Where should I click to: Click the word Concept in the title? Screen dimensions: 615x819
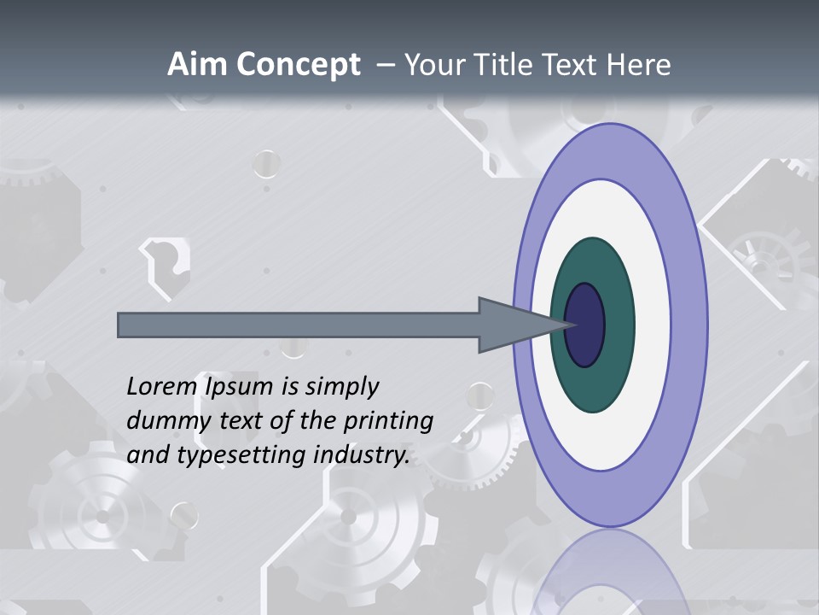tap(298, 65)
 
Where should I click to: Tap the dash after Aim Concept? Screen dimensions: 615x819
tap(386, 65)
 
